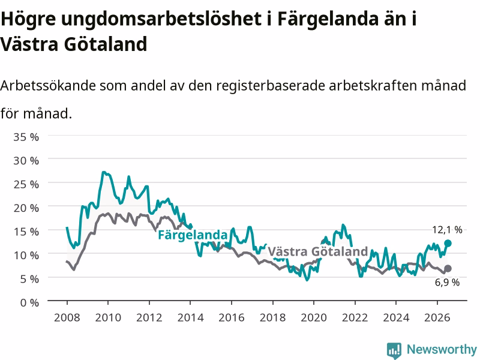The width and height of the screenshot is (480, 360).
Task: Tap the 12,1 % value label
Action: (447, 230)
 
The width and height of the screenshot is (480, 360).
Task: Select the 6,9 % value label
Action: (447, 282)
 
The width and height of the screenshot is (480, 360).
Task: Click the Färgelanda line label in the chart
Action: (193, 235)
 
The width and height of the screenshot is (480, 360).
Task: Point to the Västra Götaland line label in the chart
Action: (318, 251)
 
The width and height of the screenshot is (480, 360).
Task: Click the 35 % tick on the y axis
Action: (26, 137)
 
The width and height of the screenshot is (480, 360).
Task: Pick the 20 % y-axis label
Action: (26, 208)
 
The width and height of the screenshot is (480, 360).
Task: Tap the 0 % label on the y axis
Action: (29, 303)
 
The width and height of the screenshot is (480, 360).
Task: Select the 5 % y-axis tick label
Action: (29, 279)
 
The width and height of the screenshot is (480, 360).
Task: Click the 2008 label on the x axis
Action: (67, 317)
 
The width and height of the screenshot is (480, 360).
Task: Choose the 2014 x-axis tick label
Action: (190, 317)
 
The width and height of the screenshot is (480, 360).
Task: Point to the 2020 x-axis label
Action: (314, 317)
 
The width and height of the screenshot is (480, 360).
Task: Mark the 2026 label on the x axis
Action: (437, 317)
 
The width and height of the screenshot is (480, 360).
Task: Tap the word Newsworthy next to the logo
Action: (442, 349)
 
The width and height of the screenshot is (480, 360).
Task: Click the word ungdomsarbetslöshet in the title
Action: (161, 19)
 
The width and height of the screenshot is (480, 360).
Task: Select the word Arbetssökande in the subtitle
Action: (48, 85)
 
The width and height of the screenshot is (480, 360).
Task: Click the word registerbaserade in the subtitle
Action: (271, 86)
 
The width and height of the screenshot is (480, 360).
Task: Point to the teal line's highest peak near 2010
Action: (103, 172)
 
